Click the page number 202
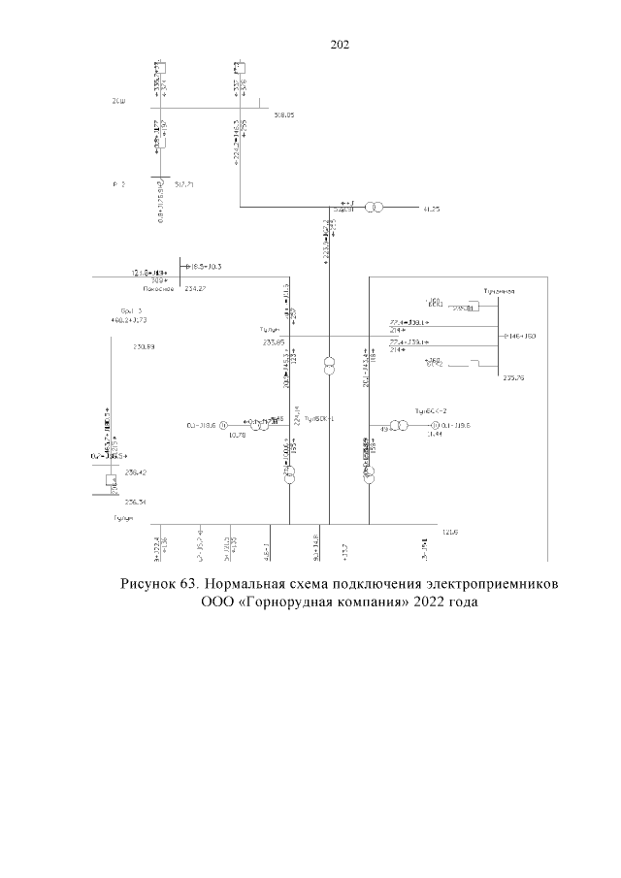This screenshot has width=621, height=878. tap(340, 45)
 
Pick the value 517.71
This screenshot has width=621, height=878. tap(184, 181)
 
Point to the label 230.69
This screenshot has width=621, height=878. tap(144, 346)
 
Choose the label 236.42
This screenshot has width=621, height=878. tap(135, 472)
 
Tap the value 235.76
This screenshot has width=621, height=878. tap(514, 378)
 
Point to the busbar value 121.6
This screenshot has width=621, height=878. tap(449, 532)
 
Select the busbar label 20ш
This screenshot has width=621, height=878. tap(118, 101)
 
